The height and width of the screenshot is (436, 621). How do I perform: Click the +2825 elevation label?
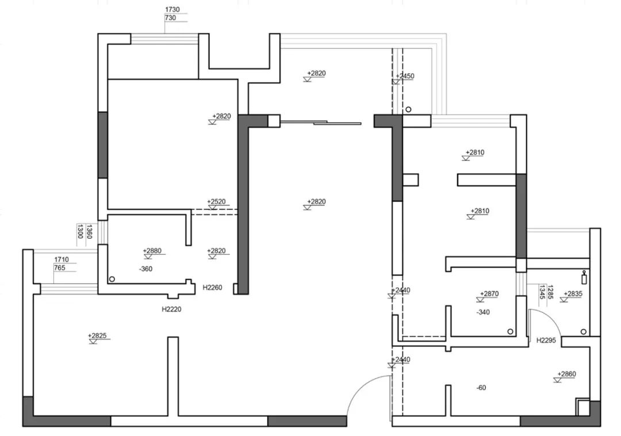pos(98,335)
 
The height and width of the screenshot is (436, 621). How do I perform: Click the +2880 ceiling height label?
pos(152,251)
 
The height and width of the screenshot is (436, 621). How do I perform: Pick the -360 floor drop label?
pos(145,269)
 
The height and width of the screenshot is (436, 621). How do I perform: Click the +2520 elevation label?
pos(216,202)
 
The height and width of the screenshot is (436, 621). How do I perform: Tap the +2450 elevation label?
pos(405,76)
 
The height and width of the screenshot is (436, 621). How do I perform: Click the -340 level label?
pos(483,312)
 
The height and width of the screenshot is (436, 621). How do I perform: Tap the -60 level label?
pos(481,388)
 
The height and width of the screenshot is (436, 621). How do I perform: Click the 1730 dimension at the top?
pos(172,10)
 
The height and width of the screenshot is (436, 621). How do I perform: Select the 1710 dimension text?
pos(62,260)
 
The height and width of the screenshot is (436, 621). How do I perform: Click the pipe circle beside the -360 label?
pos(112,279)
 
